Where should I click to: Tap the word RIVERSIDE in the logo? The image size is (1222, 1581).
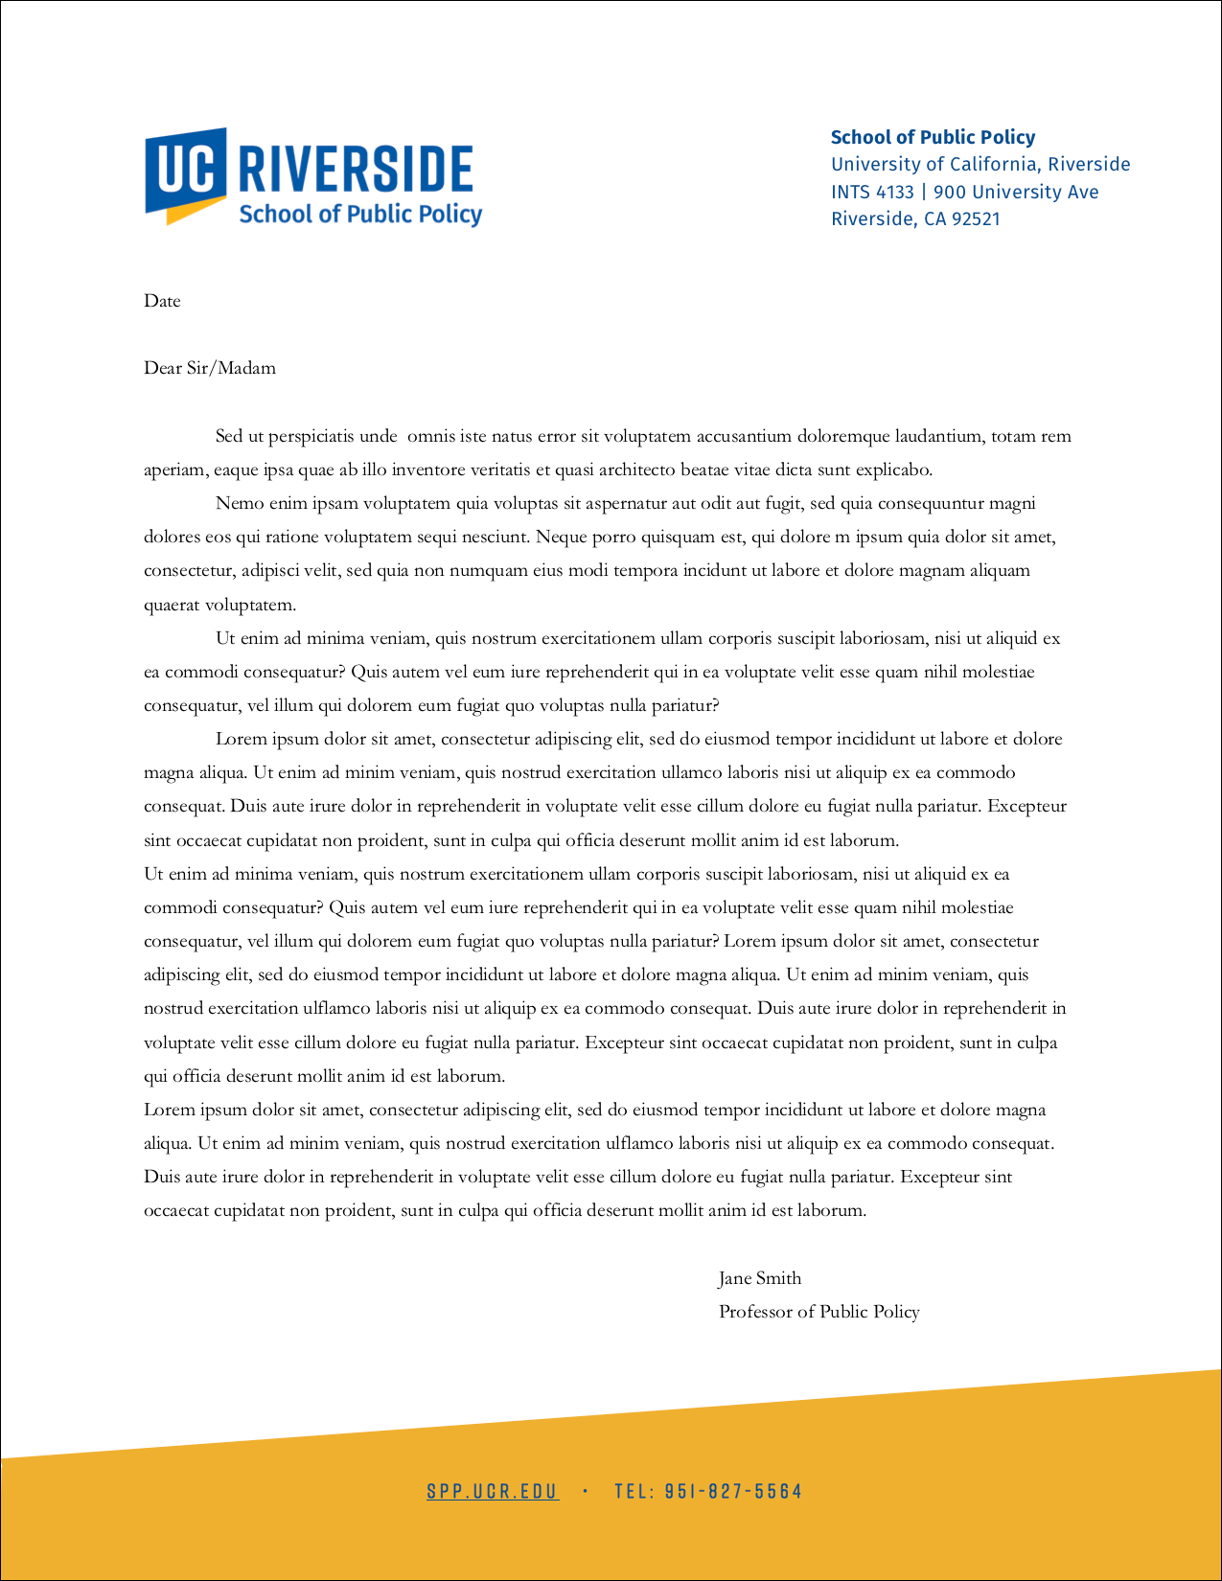(356, 170)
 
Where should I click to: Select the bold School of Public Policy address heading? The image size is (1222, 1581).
(933, 137)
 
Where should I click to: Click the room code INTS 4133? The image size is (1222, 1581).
(872, 192)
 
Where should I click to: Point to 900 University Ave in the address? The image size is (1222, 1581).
(1016, 192)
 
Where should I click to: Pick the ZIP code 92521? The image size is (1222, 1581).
(975, 218)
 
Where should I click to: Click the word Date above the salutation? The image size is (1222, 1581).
(162, 301)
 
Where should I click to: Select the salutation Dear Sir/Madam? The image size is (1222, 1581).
(210, 368)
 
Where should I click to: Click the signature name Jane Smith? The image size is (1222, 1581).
(760, 1278)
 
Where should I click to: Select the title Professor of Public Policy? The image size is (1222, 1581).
(819, 1312)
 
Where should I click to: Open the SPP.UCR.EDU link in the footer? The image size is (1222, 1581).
(493, 1491)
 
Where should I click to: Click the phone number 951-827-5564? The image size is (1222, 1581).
(733, 1491)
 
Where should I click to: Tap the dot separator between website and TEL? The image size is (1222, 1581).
(586, 1491)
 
